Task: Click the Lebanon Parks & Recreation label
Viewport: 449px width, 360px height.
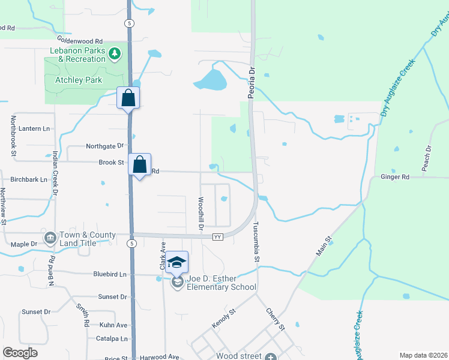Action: tap(74, 55)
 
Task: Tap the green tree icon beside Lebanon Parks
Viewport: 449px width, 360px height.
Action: tap(114, 55)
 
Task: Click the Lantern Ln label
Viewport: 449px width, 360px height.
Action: tap(34, 128)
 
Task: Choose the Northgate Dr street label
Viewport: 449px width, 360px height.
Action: tap(104, 146)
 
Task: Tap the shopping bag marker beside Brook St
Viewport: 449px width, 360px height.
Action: tap(140, 164)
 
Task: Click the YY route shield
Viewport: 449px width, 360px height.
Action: tap(218, 237)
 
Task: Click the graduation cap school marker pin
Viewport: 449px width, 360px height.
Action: tap(176, 262)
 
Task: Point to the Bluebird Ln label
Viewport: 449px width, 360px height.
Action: tap(111, 274)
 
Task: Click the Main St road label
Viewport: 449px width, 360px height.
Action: tap(324, 247)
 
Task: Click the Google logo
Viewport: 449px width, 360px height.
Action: tap(20, 353)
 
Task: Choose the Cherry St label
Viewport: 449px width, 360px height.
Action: tap(275, 319)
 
